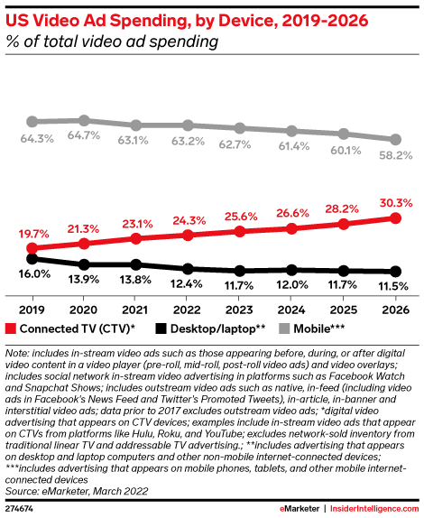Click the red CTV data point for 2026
[x=395, y=218]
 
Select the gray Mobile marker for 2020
[x=84, y=121]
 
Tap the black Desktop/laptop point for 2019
[x=32, y=259]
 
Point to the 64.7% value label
[x=84, y=135]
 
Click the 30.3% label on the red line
[x=396, y=203]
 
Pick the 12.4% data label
[x=186, y=283]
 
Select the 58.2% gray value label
[x=396, y=155]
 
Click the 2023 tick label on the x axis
[x=239, y=310]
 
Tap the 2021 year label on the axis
[x=134, y=310]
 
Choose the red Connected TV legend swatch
[x=11, y=328]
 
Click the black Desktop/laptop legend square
[x=161, y=328]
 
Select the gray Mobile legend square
[x=284, y=328]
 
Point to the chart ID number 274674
[x=19, y=508]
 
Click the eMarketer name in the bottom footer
[x=300, y=508]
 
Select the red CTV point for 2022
[x=188, y=236]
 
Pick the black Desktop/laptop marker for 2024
[x=291, y=270]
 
